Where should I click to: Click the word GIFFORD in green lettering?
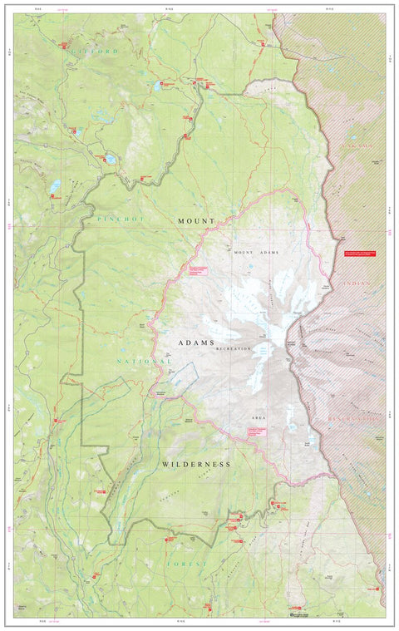click(x=94, y=52)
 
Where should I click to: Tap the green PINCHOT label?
click(x=121, y=219)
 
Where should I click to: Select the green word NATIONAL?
click(x=144, y=362)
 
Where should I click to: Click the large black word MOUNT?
click(x=195, y=220)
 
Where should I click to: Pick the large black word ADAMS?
click(x=196, y=343)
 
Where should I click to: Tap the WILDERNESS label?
click(x=196, y=464)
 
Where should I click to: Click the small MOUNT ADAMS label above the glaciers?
click(x=256, y=251)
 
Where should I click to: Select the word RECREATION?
click(x=233, y=350)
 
